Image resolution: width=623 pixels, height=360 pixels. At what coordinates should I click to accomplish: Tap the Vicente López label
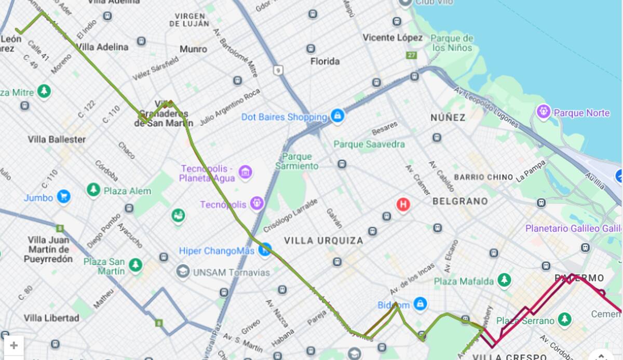click(x=392, y=37)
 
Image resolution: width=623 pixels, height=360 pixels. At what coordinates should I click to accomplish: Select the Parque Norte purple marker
click(x=544, y=111)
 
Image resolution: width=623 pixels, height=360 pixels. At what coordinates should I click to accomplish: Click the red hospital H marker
click(x=403, y=205)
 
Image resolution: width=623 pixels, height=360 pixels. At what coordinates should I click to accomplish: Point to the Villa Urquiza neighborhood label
click(x=323, y=241)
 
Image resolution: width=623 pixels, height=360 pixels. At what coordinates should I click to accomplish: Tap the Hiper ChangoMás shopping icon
click(x=265, y=250)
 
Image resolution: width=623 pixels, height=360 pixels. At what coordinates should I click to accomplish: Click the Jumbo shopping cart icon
click(x=63, y=197)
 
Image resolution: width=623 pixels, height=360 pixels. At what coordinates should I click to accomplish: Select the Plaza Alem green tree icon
click(x=93, y=190)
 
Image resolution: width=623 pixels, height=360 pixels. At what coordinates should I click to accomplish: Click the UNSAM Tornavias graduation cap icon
click(x=182, y=271)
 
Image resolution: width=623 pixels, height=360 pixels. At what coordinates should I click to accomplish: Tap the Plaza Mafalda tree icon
click(x=504, y=281)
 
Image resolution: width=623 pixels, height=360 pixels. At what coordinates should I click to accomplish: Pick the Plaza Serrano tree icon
click(x=564, y=319)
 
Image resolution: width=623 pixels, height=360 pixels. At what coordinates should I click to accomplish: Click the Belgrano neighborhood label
click(x=460, y=201)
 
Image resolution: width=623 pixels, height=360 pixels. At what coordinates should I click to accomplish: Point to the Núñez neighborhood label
click(x=448, y=117)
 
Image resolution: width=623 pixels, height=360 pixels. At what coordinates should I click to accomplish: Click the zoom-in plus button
click(x=13, y=345)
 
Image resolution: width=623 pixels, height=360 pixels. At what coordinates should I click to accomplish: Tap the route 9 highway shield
click(x=279, y=70)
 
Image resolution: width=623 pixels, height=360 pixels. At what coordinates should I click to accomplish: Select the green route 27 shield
click(x=412, y=55)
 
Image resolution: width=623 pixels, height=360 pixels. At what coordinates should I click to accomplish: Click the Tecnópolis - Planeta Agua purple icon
click(x=245, y=172)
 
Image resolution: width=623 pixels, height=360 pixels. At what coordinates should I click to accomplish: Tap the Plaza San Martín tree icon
click(x=136, y=265)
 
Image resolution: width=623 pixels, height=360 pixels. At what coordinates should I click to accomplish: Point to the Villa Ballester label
click(x=57, y=139)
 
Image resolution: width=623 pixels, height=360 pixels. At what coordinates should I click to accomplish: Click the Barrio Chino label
click(x=483, y=177)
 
